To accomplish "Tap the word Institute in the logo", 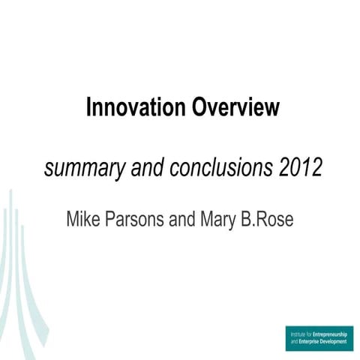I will [x=298, y=333].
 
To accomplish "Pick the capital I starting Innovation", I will [x=89, y=107].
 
